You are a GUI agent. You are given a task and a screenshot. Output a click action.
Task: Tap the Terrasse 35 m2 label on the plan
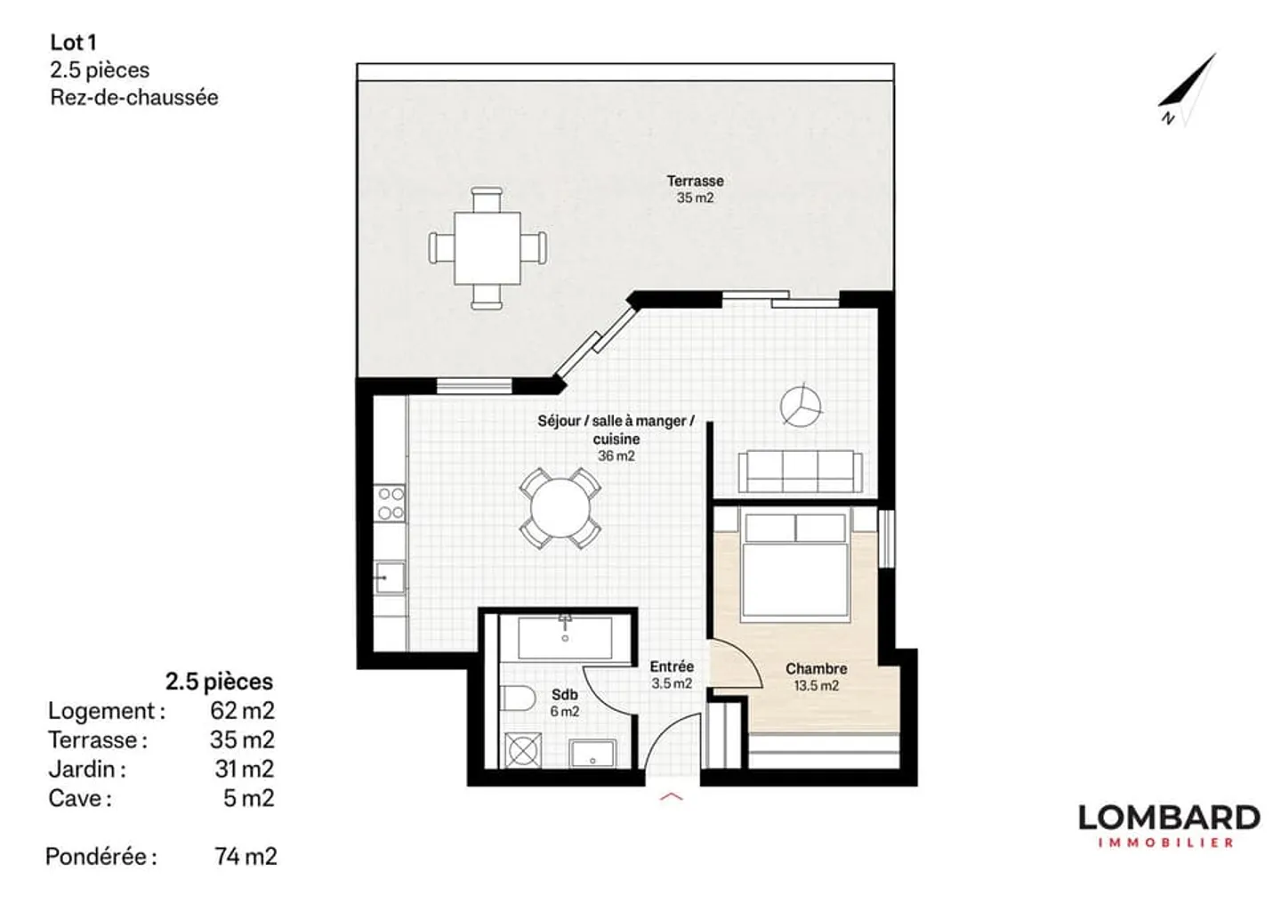[x=695, y=189]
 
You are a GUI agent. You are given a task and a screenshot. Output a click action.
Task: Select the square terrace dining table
[x=487, y=247]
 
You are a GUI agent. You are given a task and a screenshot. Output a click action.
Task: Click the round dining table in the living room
[x=560, y=509]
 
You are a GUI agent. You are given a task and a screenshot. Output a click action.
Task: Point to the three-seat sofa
[x=799, y=470]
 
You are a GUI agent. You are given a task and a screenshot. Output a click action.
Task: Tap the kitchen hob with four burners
[x=391, y=503]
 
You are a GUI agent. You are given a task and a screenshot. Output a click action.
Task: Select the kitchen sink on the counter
[x=389, y=578]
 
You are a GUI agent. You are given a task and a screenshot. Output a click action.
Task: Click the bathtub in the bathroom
[x=565, y=637]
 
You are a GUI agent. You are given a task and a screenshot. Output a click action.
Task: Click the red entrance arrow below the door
[x=672, y=796]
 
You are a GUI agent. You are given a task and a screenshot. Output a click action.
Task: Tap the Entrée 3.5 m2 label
[x=672, y=674]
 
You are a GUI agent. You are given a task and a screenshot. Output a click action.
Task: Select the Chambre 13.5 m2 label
[x=816, y=676]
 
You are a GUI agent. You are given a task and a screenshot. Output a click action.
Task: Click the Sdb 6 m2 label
[x=564, y=703]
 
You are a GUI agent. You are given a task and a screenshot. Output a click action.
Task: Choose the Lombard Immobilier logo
[x=1168, y=825]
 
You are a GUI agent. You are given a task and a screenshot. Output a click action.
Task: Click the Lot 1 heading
[x=73, y=42]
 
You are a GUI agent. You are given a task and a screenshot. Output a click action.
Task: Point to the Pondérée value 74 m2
[x=246, y=856]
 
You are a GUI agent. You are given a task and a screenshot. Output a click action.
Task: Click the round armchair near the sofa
[x=802, y=405]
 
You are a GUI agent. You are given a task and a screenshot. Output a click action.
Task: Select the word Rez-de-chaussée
[x=133, y=98]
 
